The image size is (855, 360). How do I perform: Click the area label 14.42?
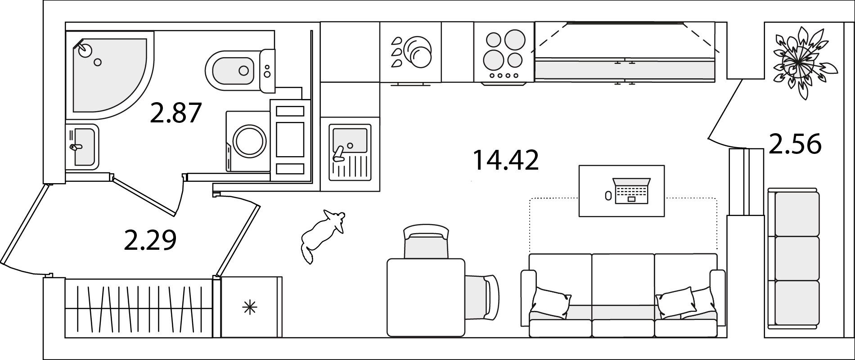pyautogui.click(x=505, y=161)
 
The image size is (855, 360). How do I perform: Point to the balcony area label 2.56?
pyautogui.click(x=795, y=144)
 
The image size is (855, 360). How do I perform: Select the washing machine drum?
pyautogui.click(x=250, y=141)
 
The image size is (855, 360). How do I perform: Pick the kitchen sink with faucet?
pyautogui.click(x=350, y=152)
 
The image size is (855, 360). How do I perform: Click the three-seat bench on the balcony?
pyautogui.click(x=793, y=258)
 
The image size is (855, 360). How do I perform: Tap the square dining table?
pyautogui.click(x=426, y=297)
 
